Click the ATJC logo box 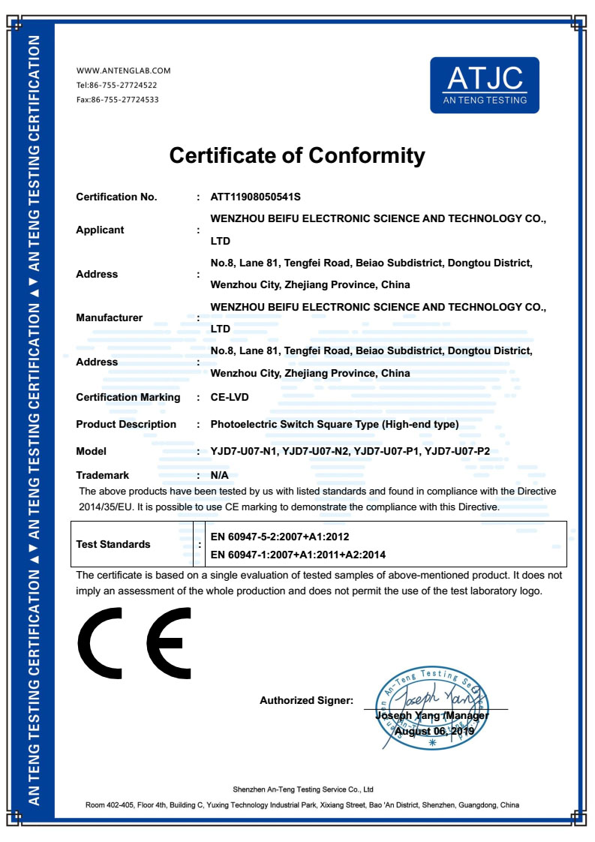[x=484, y=85]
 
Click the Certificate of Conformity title [x=297, y=155]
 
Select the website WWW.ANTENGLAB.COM [x=124, y=71]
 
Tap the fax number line [x=117, y=100]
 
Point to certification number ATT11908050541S [x=256, y=197]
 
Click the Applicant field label [x=100, y=230]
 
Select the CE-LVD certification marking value [x=230, y=397]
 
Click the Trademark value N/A [x=220, y=475]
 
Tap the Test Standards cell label [x=113, y=544]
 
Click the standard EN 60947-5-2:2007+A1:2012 [x=280, y=537]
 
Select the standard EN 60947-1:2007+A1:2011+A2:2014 [x=299, y=555]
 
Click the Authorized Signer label [x=306, y=700]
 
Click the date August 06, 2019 [x=430, y=730]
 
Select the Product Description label [x=126, y=424]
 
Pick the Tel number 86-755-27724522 [x=124, y=86]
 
